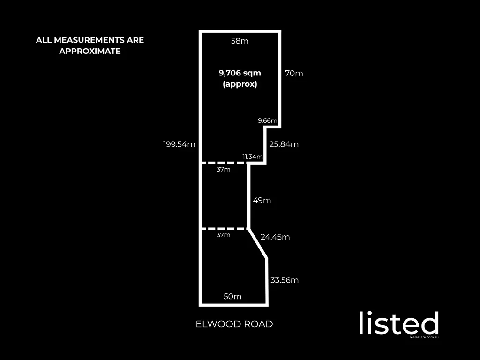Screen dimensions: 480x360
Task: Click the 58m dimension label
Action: click(240, 41)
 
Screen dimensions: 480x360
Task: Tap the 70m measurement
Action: click(294, 73)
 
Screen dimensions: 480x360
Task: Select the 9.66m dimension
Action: click(268, 120)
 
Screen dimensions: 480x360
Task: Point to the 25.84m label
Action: click(284, 144)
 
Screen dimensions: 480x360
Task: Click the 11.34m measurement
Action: click(253, 157)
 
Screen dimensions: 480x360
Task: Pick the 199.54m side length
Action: click(179, 144)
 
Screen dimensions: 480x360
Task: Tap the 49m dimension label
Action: click(262, 200)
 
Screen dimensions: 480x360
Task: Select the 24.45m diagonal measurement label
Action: click(275, 237)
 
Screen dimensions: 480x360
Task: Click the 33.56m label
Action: click(285, 280)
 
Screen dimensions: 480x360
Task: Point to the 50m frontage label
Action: click(232, 296)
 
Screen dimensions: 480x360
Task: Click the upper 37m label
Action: click(224, 170)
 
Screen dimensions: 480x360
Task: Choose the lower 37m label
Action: click(224, 235)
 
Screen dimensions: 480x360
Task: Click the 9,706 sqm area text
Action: click(240, 73)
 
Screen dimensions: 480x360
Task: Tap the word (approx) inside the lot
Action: click(240, 84)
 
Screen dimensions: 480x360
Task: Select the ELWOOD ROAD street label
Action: click(234, 324)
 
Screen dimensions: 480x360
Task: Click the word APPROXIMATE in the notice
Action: click(90, 51)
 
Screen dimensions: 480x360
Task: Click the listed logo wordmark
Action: click(399, 323)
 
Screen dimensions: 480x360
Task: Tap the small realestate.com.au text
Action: click(424, 337)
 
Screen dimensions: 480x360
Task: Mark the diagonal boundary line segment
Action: click(258, 244)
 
